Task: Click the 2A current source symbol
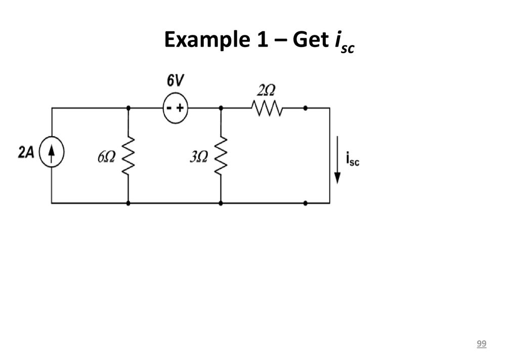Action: [x=52, y=152]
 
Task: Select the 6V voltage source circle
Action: [x=176, y=108]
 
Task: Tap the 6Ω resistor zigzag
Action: [x=128, y=155]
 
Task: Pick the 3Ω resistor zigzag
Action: [x=221, y=155]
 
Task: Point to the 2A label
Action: [x=26, y=152]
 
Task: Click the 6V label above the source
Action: [x=176, y=80]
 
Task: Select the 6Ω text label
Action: [x=106, y=157]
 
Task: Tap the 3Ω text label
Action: [x=199, y=157]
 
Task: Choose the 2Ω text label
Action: [x=266, y=90]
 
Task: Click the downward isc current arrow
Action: [x=337, y=160]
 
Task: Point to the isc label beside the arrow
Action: [x=353, y=159]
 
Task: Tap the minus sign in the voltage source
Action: [x=169, y=108]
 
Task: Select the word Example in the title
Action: [x=207, y=39]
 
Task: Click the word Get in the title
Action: [x=311, y=39]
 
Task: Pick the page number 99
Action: [x=482, y=343]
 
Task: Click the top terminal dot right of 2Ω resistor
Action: [x=305, y=108]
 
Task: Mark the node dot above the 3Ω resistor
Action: [x=221, y=108]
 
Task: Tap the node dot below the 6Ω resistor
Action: [x=128, y=203]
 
